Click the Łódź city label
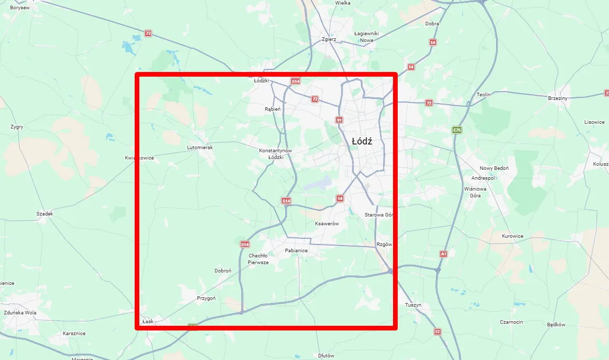coord(361,141)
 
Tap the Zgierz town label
coord(329,39)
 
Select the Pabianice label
coord(296,251)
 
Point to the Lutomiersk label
coord(200,148)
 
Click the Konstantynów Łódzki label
coord(275,153)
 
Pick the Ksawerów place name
coord(327,224)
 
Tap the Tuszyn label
coord(413,305)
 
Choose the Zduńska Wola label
coord(20,313)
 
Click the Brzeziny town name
coord(558,98)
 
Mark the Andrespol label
coord(483,178)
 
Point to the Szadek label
coord(45,213)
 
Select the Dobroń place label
coord(223,271)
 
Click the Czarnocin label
coord(511,322)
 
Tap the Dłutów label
coord(326,356)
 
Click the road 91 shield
coord(339,120)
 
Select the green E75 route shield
coord(456,129)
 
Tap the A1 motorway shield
coord(443,254)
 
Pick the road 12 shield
coord(438,332)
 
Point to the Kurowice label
coord(513,236)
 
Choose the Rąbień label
coord(272,109)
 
